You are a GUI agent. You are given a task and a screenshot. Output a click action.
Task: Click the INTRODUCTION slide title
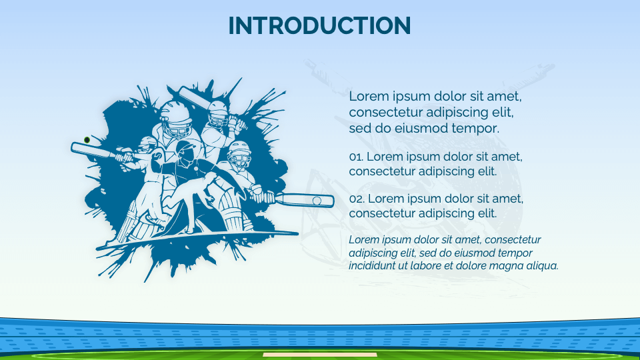pos(319,26)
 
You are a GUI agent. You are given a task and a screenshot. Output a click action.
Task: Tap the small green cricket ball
pos(87,140)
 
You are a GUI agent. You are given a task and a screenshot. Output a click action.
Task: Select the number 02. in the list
pos(356,199)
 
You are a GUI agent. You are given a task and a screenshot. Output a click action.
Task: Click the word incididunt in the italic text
pos(371,265)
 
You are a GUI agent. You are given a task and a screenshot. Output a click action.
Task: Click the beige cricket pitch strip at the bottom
pos(319,355)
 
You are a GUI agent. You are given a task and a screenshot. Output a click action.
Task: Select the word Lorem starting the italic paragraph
pos(363,239)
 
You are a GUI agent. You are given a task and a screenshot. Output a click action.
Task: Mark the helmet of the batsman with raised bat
pos(217,111)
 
